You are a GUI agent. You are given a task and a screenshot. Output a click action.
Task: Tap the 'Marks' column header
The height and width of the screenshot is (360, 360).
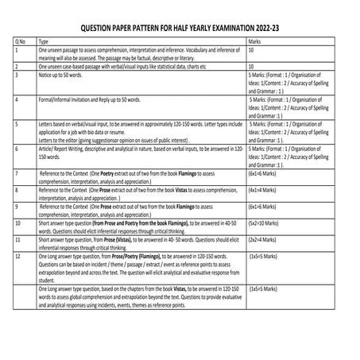coord(255,38)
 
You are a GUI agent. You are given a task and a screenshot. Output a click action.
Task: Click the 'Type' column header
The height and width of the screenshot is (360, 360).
coord(45,38)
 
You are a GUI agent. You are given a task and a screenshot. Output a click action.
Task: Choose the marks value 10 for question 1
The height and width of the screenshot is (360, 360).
coord(252,48)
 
